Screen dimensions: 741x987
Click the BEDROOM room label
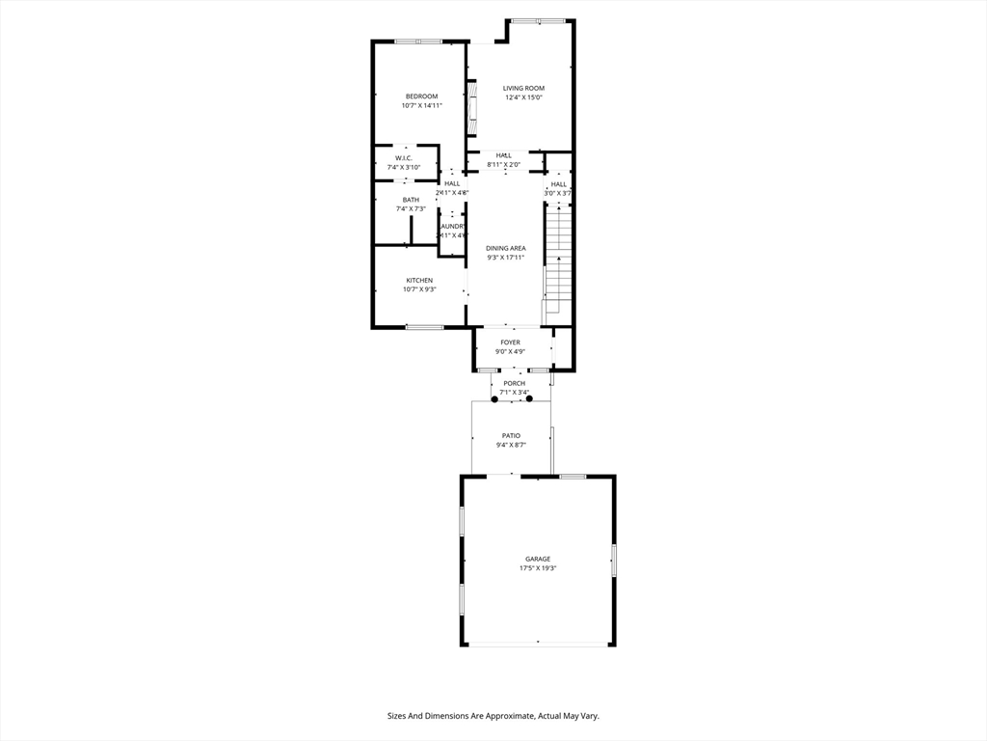click(x=421, y=96)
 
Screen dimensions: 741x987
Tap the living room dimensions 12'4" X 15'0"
click(x=523, y=97)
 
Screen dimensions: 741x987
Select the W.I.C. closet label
click(x=404, y=158)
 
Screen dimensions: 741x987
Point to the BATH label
click(x=411, y=200)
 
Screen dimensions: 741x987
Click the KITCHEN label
click(x=419, y=281)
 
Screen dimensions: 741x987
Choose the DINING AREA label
click(x=505, y=248)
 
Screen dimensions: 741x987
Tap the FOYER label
click(x=510, y=343)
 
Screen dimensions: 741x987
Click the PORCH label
click(x=514, y=383)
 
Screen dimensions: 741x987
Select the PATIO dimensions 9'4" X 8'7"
click(x=510, y=445)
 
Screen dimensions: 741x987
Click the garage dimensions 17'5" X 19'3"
click(x=538, y=568)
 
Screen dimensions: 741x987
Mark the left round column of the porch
click(x=494, y=398)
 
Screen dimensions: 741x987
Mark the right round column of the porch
click(x=529, y=398)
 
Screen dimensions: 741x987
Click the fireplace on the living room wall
click(x=472, y=108)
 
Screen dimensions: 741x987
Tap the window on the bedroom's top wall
click(x=418, y=41)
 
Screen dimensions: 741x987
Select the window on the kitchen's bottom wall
click(x=424, y=327)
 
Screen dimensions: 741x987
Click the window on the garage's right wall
click(x=613, y=561)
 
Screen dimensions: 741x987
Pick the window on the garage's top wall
click(x=573, y=476)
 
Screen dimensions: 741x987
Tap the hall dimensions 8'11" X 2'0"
click(x=504, y=165)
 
